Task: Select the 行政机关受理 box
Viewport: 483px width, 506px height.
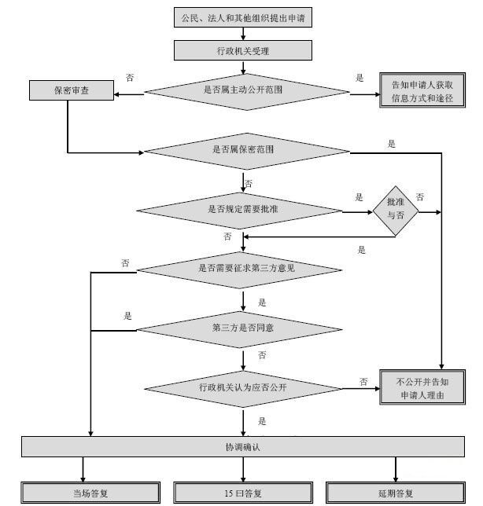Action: [244, 50]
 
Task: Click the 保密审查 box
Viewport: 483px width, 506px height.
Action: [72, 91]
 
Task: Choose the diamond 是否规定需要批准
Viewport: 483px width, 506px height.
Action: [240, 210]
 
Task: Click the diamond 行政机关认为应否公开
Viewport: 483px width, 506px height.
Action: [242, 387]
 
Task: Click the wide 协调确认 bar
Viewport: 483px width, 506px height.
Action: [243, 447]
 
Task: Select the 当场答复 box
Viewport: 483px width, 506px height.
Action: [83, 493]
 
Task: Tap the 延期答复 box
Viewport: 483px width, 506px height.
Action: [393, 493]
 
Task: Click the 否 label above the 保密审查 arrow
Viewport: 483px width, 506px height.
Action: [130, 78]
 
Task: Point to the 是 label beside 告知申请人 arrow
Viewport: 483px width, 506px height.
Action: [360, 78]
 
